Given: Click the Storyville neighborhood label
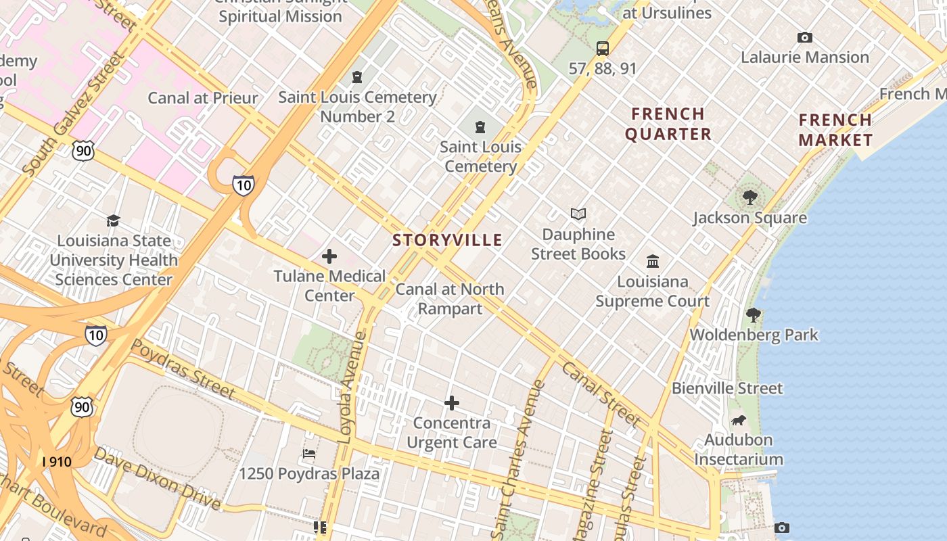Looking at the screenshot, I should (447, 240).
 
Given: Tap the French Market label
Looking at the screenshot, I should (835, 130).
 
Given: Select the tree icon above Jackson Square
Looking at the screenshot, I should (749, 197).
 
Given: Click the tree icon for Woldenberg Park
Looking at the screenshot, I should (753, 315).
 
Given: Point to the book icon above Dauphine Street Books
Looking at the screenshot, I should (578, 214).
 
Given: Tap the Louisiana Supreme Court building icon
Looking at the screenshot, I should (653, 261).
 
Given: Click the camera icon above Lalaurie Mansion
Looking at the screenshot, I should (804, 38).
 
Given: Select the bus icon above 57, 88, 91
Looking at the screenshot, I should (602, 49).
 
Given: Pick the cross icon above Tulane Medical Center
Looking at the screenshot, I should (329, 256).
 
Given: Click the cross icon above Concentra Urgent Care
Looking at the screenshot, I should (451, 404).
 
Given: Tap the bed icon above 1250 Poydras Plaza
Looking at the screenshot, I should (309, 454).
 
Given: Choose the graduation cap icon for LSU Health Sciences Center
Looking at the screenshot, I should (113, 221).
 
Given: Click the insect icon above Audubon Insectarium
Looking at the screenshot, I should (738, 421).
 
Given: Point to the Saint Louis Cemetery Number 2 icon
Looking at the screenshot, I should (357, 78).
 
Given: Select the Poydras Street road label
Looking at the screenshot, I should (183, 369).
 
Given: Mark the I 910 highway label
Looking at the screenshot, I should (57, 462).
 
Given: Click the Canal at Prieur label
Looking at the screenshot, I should (203, 98).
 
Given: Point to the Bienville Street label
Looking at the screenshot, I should (727, 388).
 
